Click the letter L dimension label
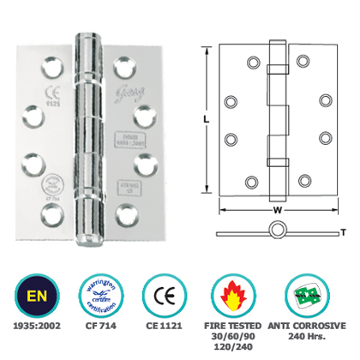[207, 121]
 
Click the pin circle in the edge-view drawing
[276, 230]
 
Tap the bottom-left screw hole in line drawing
[252, 180]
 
